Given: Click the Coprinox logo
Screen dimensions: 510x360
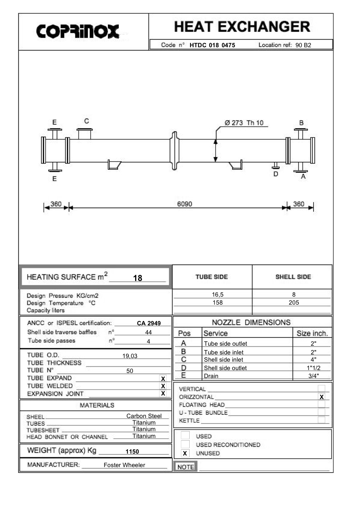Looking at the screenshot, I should (77, 31).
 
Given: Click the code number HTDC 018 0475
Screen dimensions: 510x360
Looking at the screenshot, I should (212, 45).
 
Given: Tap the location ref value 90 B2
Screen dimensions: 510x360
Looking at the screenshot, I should (303, 45).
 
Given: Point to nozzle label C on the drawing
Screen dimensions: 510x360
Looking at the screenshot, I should (86, 121).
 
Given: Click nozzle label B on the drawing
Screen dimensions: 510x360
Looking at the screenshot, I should (301, 123).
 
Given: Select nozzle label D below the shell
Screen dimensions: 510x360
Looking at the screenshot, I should (276, 174).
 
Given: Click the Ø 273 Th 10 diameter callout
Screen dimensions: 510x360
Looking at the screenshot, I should (244, 123).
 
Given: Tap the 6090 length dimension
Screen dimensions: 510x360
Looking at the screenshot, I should (185, 204).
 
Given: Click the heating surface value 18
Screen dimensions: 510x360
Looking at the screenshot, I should (138, 278).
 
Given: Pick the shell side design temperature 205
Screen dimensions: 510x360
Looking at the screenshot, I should (294, 302).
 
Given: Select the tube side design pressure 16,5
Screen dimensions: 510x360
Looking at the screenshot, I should (218, 294).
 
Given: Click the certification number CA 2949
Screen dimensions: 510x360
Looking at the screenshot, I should (149, 323).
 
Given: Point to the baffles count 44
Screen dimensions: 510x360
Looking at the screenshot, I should (149, 332).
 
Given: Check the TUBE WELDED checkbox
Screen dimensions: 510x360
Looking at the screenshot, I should (163, 386).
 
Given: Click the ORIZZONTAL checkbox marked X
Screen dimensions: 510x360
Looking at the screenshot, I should (321, 397).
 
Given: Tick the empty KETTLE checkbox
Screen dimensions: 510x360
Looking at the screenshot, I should (321, 420).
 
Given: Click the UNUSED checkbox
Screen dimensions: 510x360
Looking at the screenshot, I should (185, 453).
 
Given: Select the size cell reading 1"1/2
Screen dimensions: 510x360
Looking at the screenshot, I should (314, 368).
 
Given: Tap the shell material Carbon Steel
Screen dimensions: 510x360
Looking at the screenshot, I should (144, 416).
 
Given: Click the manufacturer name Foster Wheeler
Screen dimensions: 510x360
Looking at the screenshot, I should (124, 465).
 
